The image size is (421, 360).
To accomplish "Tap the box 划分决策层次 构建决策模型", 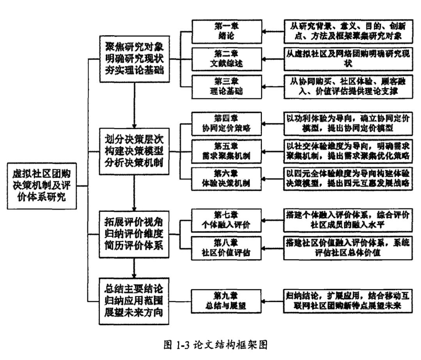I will [134, 151].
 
